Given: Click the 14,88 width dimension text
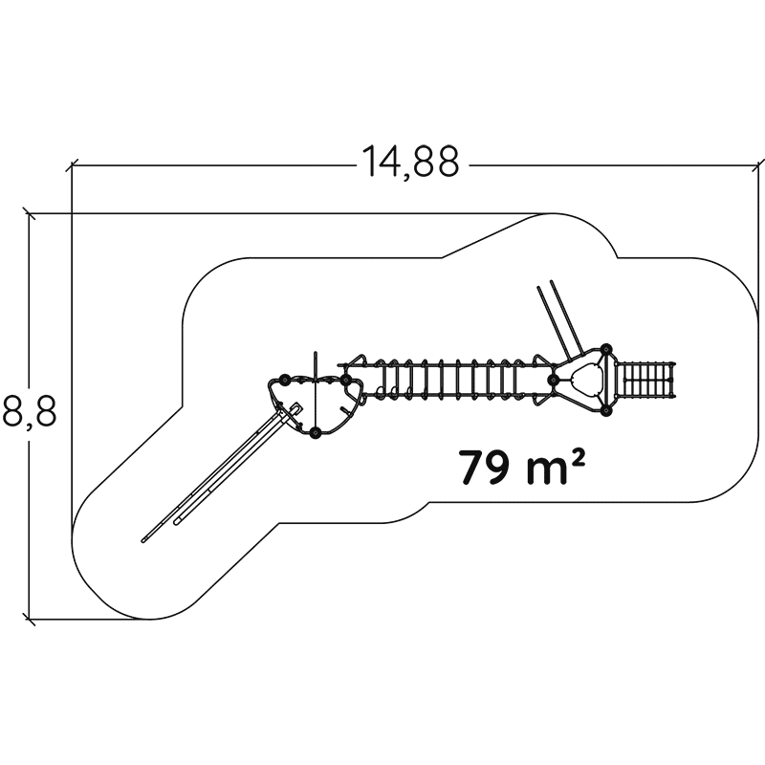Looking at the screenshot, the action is [x=410, y=162].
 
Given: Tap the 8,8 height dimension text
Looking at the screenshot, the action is [x=30, y=411].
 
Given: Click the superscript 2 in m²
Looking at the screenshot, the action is [x=578, y=458].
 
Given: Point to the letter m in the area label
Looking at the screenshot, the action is [x=547, y=471].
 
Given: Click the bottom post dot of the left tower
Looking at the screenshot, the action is [x=316, y=432].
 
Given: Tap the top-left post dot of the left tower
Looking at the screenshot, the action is [x=284, y=380].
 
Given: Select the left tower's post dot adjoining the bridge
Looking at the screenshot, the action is [x=345, y=380].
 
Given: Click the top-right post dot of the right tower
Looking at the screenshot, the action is [x=606, y=349].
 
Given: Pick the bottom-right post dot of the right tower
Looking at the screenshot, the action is [x=606, y=411].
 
